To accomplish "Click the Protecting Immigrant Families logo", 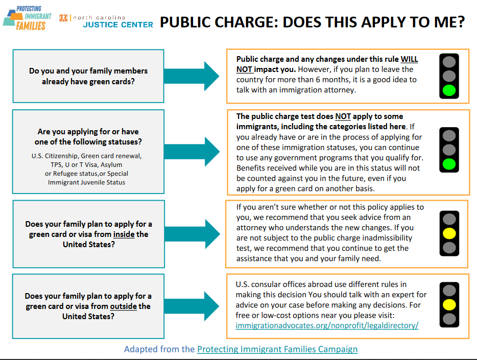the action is (x=28, y=18).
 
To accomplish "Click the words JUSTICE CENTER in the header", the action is (x=118, y=25).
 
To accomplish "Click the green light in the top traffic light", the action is (x=449, y=90).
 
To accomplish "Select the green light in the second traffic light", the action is (x=449, y=164).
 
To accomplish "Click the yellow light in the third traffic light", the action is (x=449, y=233).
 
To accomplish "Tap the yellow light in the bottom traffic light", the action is (x=449, y=305).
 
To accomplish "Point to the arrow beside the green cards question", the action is (x=192, y=76).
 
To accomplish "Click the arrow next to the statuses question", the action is (x=192, y=152).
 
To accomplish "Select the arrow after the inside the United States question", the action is (x=192, y=234).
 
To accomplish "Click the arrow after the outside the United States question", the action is (x=192, y=306).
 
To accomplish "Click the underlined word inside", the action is (x=124, y=234).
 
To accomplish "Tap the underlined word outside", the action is (x=124, y=306).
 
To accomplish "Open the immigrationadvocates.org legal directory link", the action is (x=327, y=326).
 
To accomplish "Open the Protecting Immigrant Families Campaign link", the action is (x=277, y=349).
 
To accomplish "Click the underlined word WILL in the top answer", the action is (x=409, y=59).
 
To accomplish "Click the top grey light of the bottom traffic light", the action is (x=449, y=291).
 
